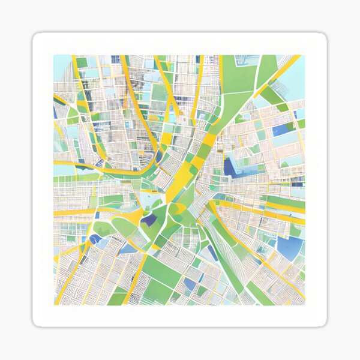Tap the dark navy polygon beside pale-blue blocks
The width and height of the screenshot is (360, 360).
click(x=232, y=166)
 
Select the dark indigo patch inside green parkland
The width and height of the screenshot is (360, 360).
click(x=149, y=220)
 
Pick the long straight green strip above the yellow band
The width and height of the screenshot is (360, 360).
click(x=282, y=202)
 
